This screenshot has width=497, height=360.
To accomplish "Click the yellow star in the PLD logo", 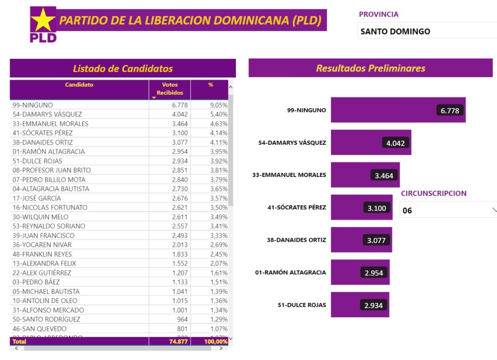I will point(43,20).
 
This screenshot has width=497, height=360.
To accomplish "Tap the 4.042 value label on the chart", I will point(395,143).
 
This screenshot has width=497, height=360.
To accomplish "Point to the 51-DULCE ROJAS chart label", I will point(302,305).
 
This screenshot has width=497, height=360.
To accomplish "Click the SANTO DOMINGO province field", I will point(427,31).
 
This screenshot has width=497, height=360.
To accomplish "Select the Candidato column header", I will point(79,85).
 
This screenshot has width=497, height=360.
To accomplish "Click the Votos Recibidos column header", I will point(170,89).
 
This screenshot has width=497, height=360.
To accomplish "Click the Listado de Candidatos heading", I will point(123,69).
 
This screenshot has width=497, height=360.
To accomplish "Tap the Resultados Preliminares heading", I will point(370,68).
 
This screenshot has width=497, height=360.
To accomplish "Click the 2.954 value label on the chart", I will point(374,273).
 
